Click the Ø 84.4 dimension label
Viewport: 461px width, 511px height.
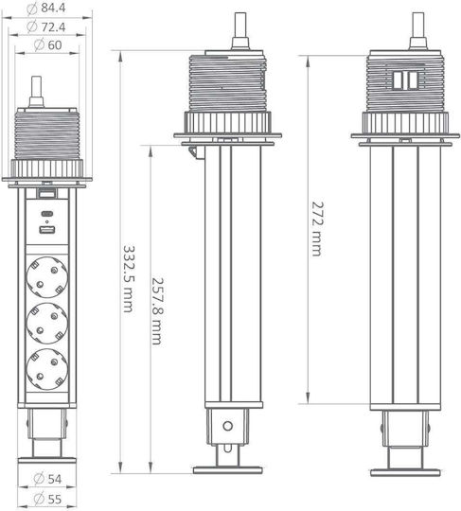click(x=46, y=9)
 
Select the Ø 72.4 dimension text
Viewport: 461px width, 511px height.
click(x=46, y=26)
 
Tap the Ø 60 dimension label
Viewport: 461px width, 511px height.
click(x=48, y=45)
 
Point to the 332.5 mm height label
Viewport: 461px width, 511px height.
click(x=129, y=279)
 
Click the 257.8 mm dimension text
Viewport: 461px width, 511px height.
click(x=157, y=311)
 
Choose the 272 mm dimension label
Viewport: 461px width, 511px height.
click(x=317, y=229)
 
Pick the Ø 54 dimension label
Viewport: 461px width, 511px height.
click(x=47, y=479)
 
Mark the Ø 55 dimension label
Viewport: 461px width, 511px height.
click(x=47, y=499)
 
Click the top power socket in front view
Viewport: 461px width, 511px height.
click(x=47, y=277)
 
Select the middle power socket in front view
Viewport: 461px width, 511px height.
click(x=47, y=324)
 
